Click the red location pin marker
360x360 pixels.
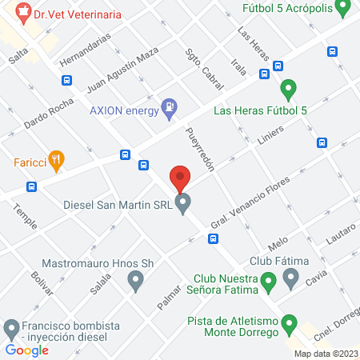point(180,178)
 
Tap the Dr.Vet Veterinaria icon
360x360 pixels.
point(22,14)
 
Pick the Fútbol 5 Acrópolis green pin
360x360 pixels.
point(342,10)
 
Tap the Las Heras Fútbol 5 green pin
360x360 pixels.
point(289,89)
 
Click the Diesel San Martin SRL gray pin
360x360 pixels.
point(183,204)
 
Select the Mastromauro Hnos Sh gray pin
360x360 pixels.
point(135,281)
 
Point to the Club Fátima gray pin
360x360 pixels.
point(290,279)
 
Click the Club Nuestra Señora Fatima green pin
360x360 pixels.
point(269,281)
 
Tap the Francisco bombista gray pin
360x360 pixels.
point(11,327)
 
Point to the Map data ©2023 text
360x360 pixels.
point(326,354)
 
